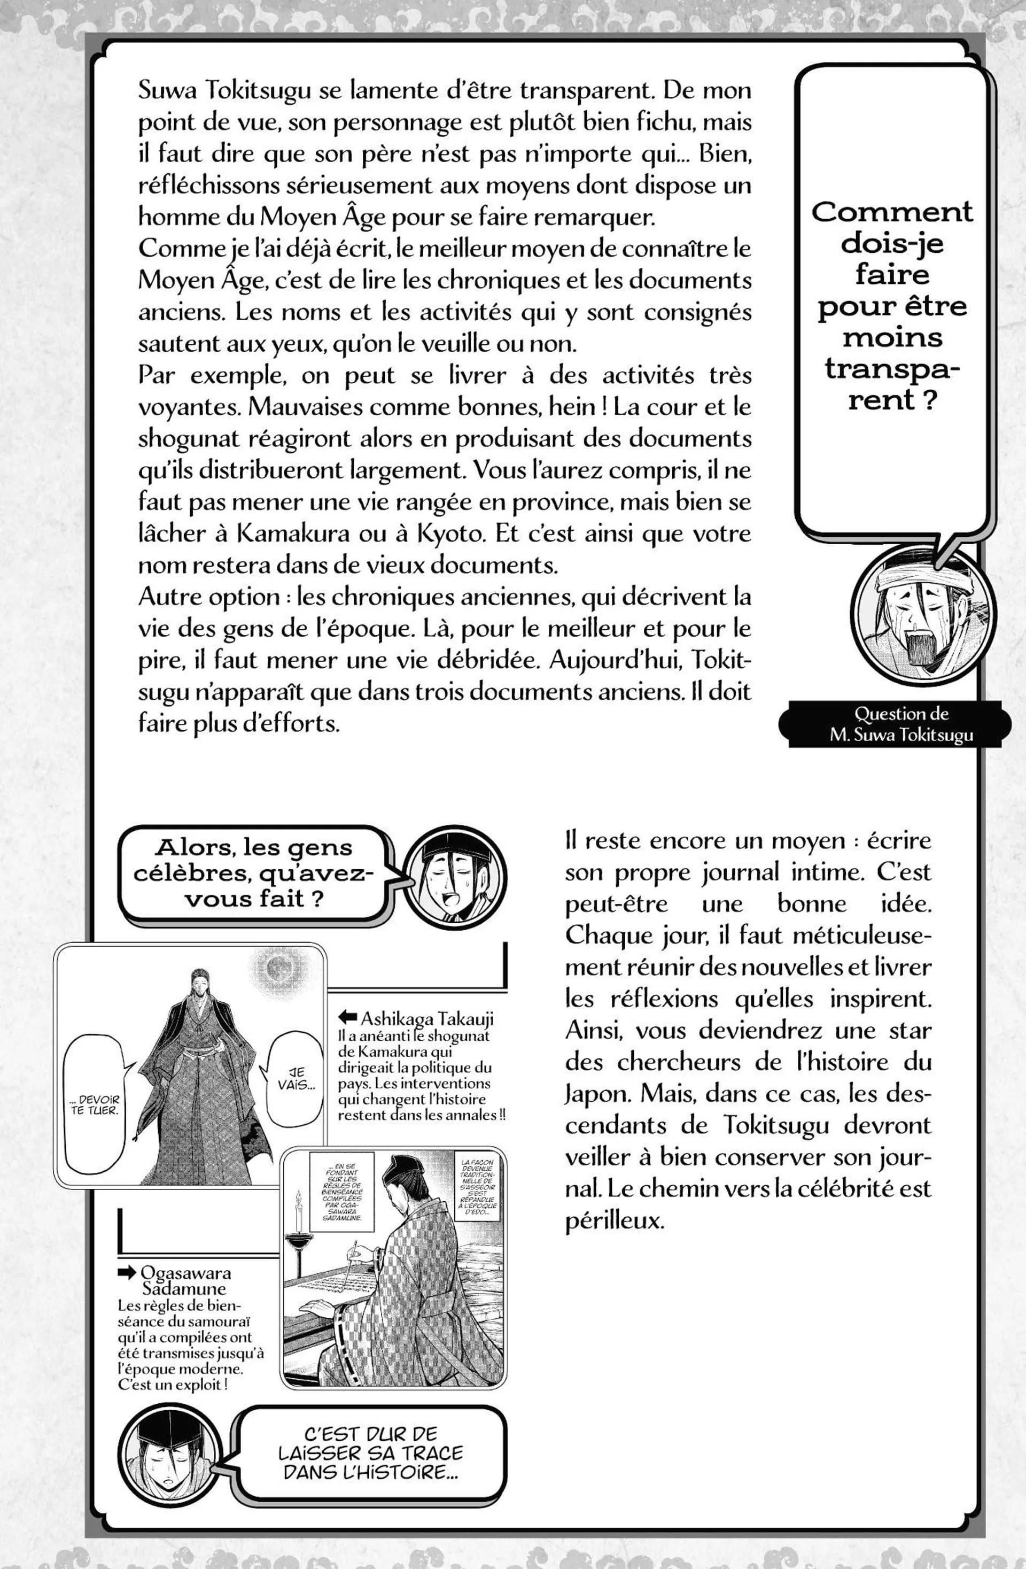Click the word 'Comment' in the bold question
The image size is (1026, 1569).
[x=891, y=212]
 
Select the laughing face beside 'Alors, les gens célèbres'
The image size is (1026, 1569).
[x=455, y=872]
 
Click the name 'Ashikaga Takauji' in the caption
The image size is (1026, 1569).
[x=426, y=1018]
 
